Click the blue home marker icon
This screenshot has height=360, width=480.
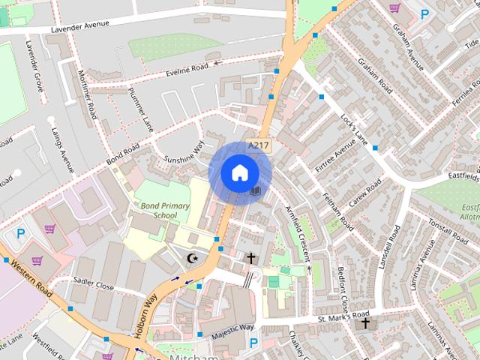point(238,172)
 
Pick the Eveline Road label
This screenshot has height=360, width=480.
point(187,70)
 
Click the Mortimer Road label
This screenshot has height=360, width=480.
point(87,94)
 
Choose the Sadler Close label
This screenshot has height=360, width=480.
point(93,285)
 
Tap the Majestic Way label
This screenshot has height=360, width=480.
point(232,330)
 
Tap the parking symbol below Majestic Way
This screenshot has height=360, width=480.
point(253,343)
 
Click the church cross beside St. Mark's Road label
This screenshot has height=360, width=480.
point(365,323)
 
